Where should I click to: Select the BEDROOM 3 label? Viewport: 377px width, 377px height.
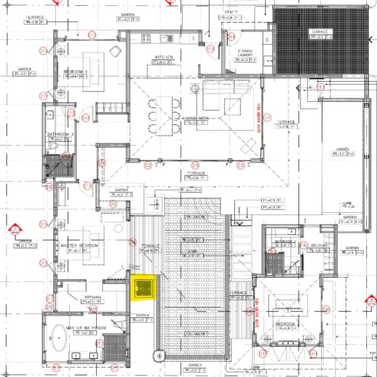pos(75,72)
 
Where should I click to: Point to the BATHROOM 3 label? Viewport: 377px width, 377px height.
pos(60,134)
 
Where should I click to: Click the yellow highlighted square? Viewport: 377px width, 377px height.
pos(145,288)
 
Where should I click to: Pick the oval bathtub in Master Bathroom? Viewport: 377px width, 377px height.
pos(60,339)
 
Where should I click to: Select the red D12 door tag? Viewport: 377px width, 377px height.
pos(92,35)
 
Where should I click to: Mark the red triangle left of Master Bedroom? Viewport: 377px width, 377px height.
pos(13,229)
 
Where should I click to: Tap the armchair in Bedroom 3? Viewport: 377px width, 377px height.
pos(116,50)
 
